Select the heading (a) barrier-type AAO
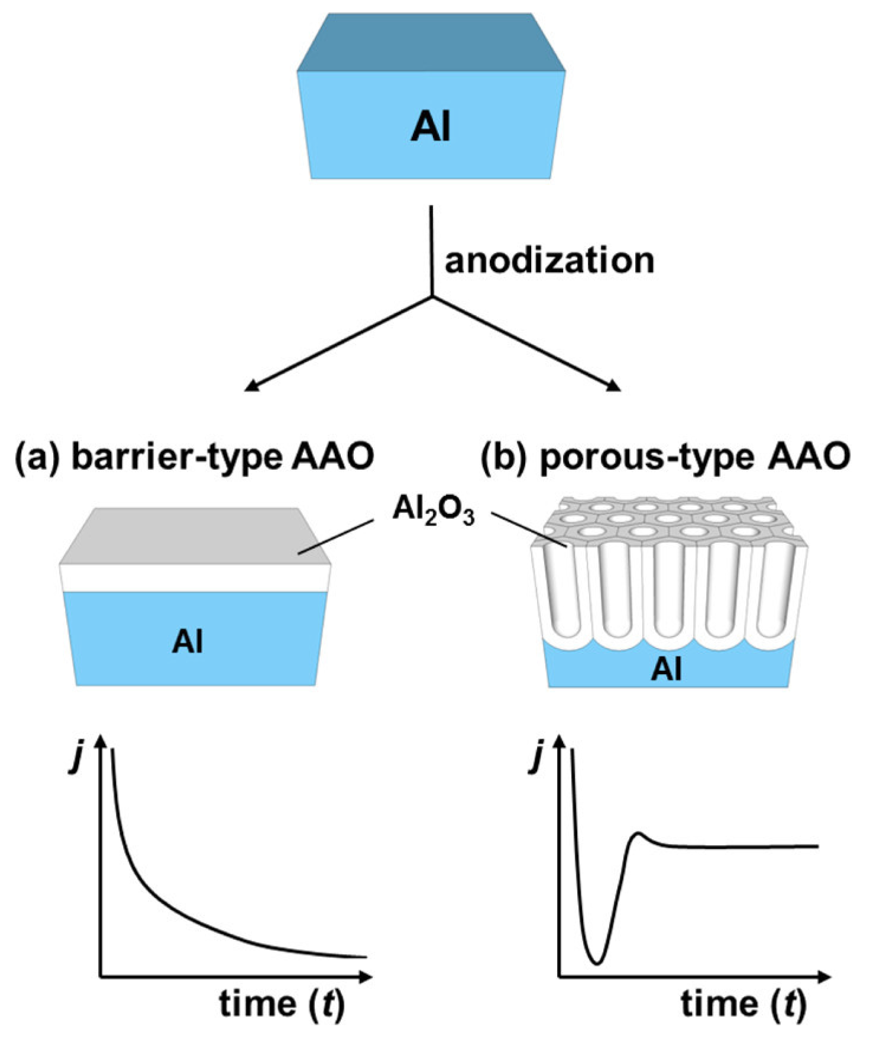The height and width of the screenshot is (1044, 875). tap(194, 458)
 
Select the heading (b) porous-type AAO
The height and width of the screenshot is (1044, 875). tap(665, 458)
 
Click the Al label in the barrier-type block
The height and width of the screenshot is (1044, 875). tap(188, 642)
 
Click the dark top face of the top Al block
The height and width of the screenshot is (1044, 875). tap(431, 42)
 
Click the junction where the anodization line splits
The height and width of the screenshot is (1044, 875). tap(432, 297)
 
